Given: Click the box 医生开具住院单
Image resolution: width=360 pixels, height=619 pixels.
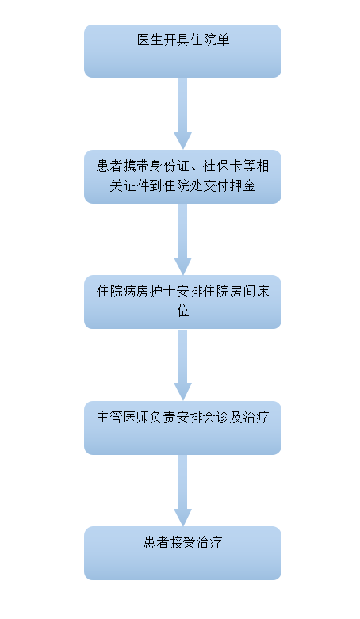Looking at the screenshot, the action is (182, 51).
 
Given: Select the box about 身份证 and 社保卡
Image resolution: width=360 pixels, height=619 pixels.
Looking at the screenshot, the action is (182, 177).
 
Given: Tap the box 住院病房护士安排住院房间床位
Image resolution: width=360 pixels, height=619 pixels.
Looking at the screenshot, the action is (182, 302).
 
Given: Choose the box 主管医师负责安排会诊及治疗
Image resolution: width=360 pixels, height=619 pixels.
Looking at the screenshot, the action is (182, 428).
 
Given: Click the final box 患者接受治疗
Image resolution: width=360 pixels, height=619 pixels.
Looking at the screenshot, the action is (182, 553).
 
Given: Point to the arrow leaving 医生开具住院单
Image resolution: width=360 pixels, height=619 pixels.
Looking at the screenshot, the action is (182, 113).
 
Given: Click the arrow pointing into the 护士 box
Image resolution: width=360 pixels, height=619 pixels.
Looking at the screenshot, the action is (182, 239).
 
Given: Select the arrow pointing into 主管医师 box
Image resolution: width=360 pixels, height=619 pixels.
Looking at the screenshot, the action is (182, 365).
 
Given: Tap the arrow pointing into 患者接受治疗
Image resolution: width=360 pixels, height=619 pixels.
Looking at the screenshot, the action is (182, 491).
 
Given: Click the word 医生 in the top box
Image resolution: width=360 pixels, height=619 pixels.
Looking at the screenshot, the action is (150, 40).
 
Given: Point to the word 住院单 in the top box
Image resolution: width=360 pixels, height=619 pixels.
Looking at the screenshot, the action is (209, 40).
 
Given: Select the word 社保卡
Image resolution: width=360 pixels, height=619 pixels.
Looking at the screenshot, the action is (223, 166).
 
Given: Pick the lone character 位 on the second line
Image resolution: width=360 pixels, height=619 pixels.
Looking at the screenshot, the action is (182, 311).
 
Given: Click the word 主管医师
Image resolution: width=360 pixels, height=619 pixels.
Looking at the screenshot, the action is (123, 417).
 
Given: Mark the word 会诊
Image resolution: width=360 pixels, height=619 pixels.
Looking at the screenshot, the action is (216, 417).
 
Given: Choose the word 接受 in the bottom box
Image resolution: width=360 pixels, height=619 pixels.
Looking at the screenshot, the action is (182, 542).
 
